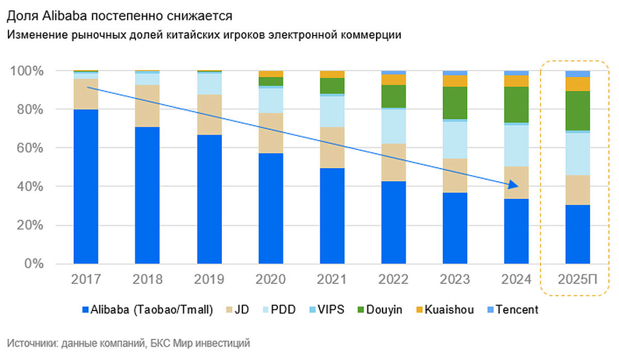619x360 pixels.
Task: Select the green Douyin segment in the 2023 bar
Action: click(x=455, y=103)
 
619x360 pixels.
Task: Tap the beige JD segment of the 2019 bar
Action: click(x=209, y=115)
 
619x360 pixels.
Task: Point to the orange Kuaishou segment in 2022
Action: click(x=393, y=80)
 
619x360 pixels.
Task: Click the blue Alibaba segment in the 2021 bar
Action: click(x=331, y=216)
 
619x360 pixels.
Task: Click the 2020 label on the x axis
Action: click(x=270, y=280)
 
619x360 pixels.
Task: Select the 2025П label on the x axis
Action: click(x=577, y=280)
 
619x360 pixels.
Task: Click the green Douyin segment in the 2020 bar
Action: click(x=270, y=82)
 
